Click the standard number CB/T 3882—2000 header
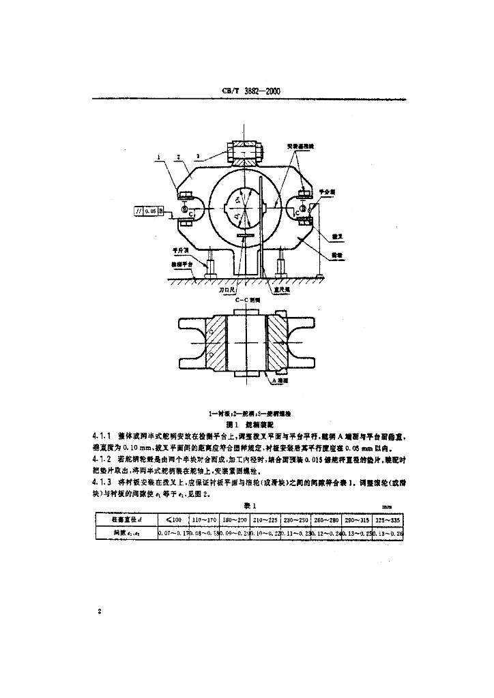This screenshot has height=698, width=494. [x=252, y=90]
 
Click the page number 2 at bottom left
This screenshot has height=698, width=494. [x=100, y=611]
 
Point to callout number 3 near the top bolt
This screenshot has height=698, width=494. [x=198, y=156]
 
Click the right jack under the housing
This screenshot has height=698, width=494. [x=282, y=262]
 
